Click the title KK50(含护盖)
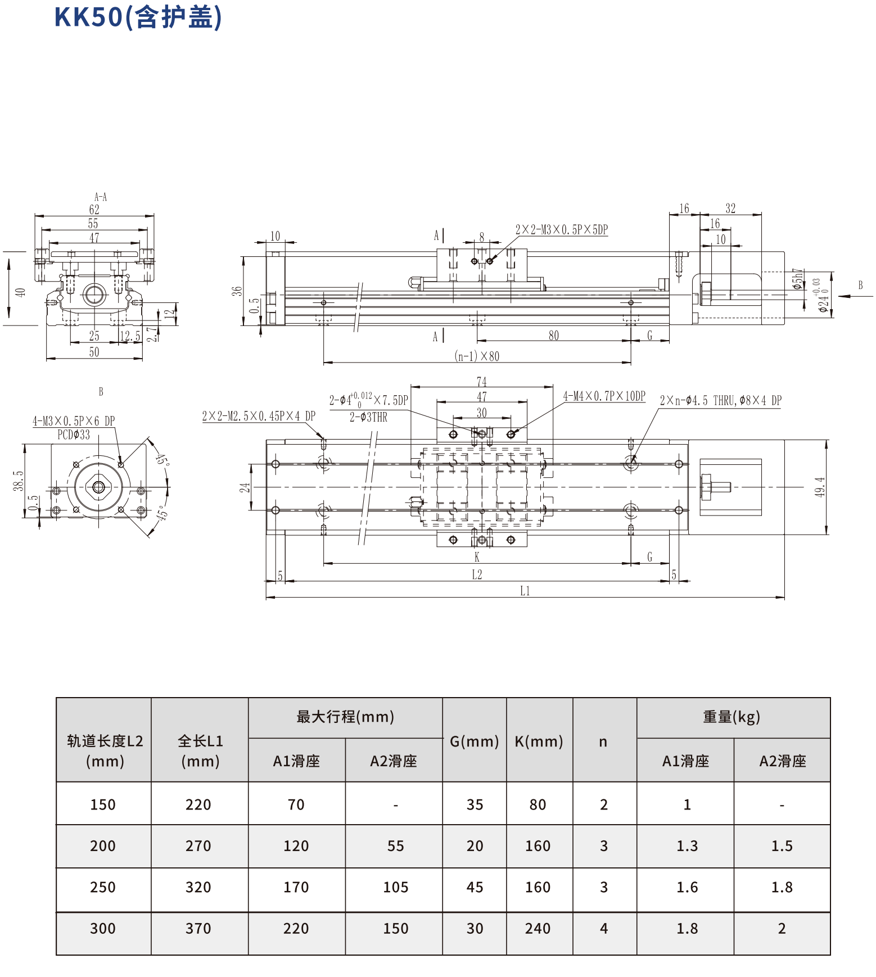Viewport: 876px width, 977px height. click(138, 17)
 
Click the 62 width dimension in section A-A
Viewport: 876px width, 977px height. click(94, 209)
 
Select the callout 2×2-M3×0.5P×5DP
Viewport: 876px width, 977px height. click(561, 229)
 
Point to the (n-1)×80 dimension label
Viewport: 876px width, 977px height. click(477, 356)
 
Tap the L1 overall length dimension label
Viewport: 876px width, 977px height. click(525, 591)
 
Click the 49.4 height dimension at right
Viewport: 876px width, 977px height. click(820, 487)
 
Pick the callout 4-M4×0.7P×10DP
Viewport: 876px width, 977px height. click(604, 396)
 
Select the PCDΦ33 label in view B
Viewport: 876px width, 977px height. click(74, 435)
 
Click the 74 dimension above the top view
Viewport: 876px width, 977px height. click(481, 381)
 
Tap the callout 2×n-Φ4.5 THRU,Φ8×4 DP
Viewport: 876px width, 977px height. click(720, 400)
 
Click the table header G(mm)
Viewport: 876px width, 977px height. click(474, 741)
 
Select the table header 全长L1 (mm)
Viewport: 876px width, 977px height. click(200, 751)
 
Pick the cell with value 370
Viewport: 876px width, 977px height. click(198, 928)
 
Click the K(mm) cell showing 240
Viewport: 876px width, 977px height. click(538, 928)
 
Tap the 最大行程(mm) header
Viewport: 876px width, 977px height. click(345, 717)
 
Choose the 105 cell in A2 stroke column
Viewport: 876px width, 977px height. click(395, 887)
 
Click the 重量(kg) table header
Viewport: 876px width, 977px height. click(731, 717)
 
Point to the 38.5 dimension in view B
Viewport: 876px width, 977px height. click(19, 481)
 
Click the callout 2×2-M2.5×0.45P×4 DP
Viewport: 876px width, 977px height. click(259, 416)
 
